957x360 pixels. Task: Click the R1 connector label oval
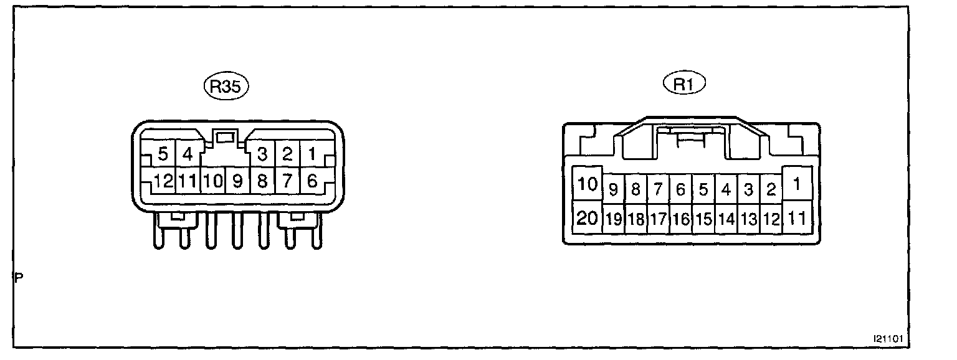(683, 84)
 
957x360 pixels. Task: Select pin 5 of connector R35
(163, 153)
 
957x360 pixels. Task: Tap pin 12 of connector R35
(163, 181)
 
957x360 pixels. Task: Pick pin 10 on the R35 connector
(212, 181)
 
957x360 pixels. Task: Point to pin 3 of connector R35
(262, 153)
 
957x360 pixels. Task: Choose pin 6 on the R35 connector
(313, 181)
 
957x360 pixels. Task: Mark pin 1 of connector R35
(313, 153)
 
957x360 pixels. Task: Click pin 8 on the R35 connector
(262, 181)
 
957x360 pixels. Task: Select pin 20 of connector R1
(587, 218)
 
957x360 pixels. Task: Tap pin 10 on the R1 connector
(587, 184)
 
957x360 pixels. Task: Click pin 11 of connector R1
(797, 218)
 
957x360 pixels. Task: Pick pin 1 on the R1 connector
(797, 184)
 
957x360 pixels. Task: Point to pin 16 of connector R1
(681, 219)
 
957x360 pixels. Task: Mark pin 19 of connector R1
(614, 219)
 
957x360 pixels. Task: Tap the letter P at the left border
(19, 278)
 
